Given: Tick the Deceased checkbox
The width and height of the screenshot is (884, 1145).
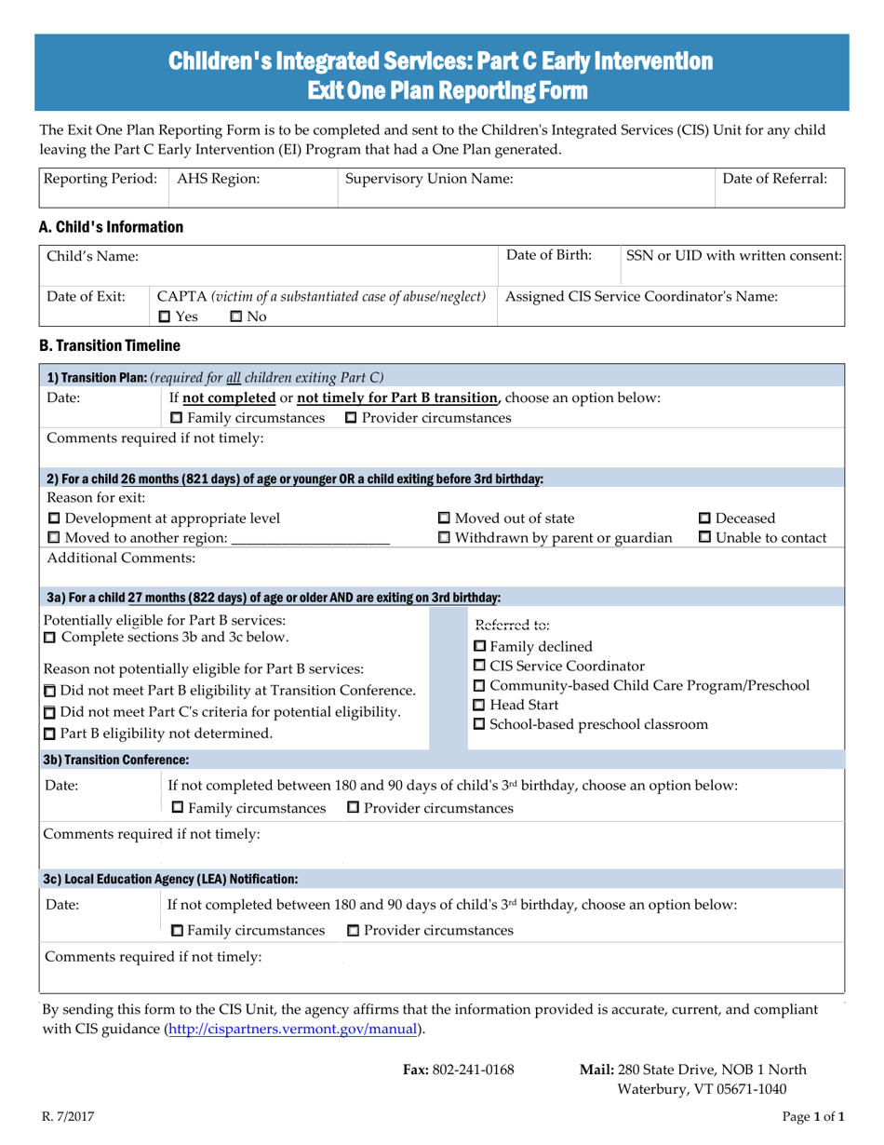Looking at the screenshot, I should pos(704,519).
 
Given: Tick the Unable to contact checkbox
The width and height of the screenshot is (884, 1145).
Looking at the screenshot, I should pos(704,537).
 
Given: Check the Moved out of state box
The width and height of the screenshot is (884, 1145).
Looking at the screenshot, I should pos(444,519).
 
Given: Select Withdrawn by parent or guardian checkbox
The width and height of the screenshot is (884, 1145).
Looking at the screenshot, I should pos(444,537).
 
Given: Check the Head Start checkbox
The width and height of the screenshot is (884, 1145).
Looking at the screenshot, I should pos(480,704).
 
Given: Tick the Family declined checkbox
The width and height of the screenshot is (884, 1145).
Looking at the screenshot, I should pos(480,647).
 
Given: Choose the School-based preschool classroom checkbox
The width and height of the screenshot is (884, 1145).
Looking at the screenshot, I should pos(480,723).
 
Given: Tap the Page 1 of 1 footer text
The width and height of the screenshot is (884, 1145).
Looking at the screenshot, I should pos(811,1115).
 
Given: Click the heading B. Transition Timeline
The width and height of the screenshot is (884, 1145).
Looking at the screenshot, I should pos(103,346).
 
